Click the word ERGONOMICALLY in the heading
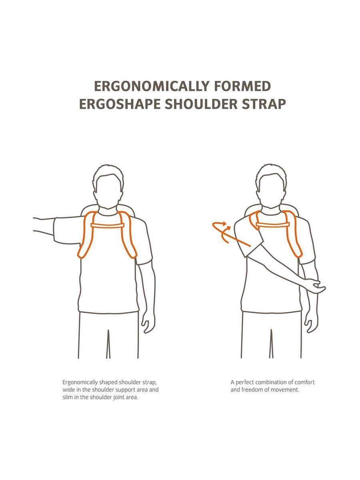(152, 86)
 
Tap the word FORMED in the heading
(243, 86)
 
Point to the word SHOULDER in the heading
(201, 104)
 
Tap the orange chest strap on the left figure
(108, 226)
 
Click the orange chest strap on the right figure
(273, 224)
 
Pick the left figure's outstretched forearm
(44, 225)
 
